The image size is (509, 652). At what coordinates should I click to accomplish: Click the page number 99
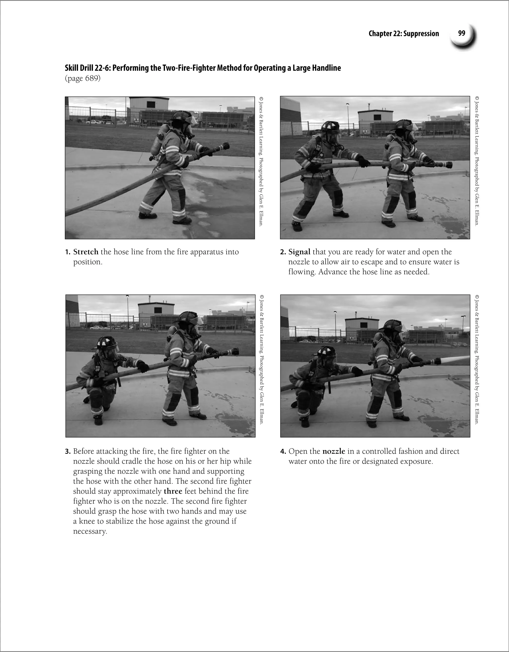[x=461, y=33]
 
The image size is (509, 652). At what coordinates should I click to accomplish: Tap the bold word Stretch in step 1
[x=86, y=252]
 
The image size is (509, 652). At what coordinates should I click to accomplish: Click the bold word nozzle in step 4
[x=334, y=451]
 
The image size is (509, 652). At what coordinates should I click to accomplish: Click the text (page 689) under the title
[x=83, y=79]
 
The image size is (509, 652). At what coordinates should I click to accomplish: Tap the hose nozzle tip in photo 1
[x=225, y=147]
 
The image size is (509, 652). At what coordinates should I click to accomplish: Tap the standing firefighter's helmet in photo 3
[x=187, y=317]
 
